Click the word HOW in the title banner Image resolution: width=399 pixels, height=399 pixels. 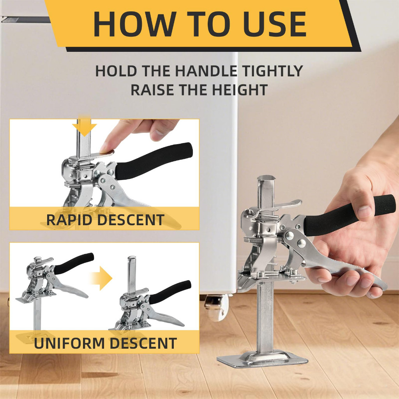[135, 24]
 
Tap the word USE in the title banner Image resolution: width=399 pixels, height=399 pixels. [275, 24]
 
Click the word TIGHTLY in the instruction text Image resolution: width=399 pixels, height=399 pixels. [272, 71]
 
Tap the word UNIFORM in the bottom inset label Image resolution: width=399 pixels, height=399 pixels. [70, 343]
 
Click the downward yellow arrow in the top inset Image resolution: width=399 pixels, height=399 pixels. [84, 126]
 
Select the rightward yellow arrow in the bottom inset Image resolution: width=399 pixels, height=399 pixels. [102, 278]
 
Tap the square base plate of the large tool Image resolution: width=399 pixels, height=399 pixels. [262, 358]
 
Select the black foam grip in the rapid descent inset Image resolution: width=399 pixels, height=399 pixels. [153, 160]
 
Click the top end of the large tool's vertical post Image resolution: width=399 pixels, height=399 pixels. [265, 178]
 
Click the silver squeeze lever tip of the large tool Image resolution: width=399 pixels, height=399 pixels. [382, 285]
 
